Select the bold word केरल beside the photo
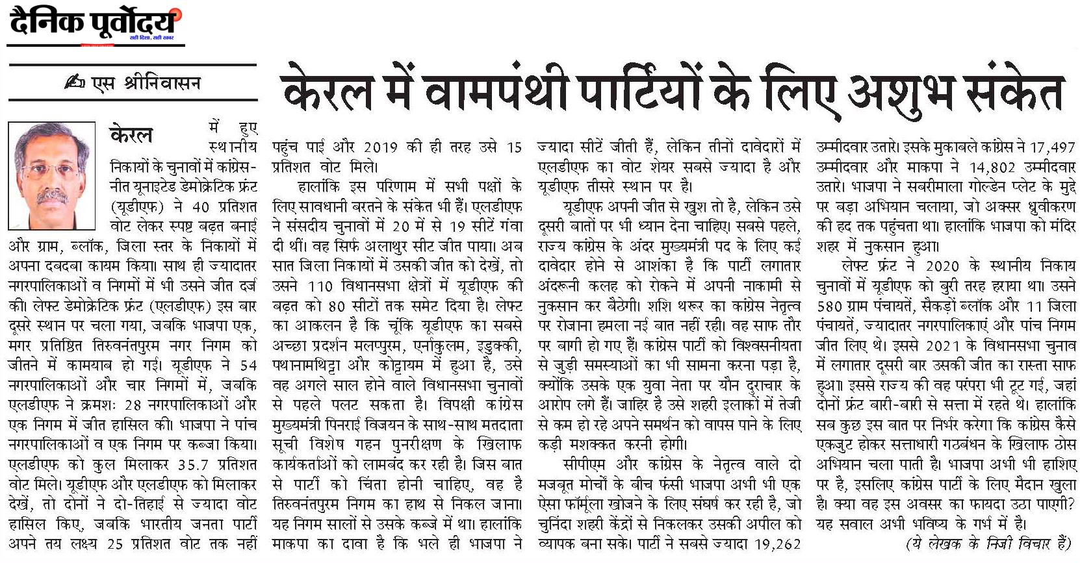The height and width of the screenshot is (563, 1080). (131, 134)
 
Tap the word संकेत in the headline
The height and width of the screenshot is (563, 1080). (1014, 94)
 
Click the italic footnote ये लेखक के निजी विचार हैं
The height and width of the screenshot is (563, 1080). (987, 544)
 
